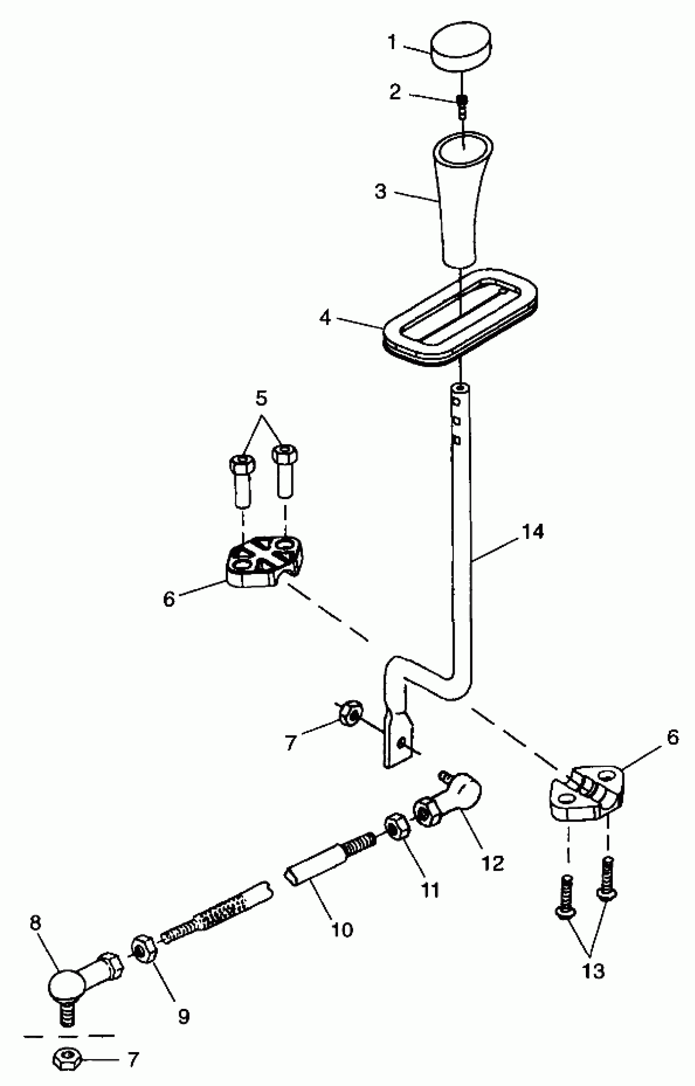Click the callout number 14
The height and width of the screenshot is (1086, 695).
[x=533, y=532]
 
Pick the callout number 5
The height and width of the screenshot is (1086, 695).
[x=261, y=398]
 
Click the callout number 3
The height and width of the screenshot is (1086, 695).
[x=381, y=191]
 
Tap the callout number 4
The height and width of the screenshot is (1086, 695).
[x=325, y=318]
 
